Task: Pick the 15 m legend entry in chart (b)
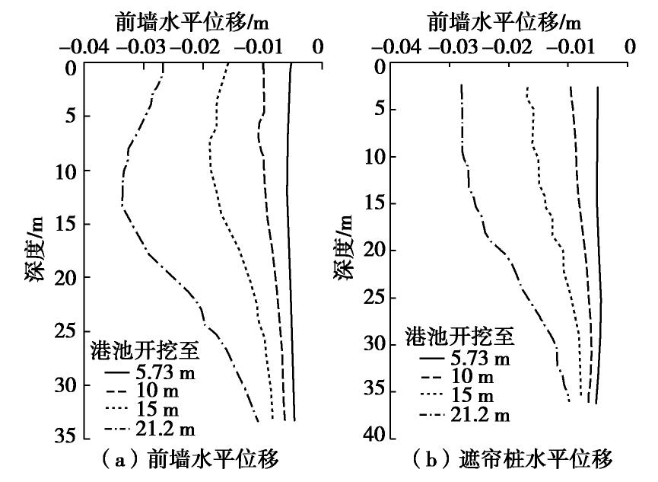pos(456,395)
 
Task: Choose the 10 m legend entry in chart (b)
pos(456,376)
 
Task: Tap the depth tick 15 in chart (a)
pos(66,225)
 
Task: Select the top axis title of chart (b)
pos(505,21)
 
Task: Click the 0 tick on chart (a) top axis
pos(318,48)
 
